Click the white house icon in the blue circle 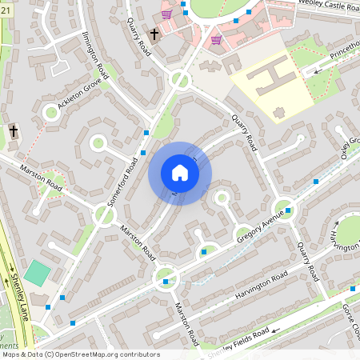[180, 173]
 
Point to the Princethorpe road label [339, 54]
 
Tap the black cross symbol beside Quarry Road [154, 35]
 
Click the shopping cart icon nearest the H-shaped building [216, 39]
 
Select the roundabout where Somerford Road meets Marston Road [104, 214]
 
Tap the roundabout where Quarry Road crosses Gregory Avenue [286, 209]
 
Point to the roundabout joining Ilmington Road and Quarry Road [180, 80]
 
